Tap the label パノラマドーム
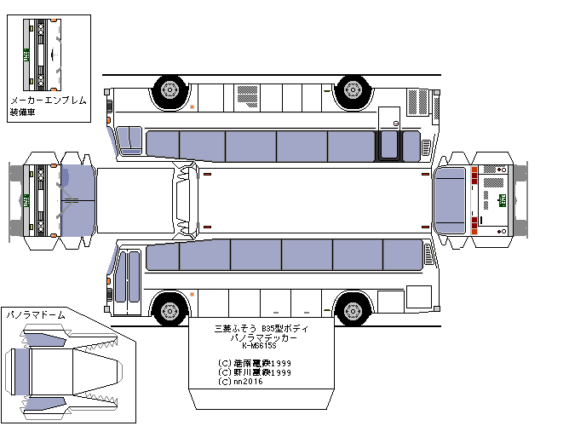point(35,314)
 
